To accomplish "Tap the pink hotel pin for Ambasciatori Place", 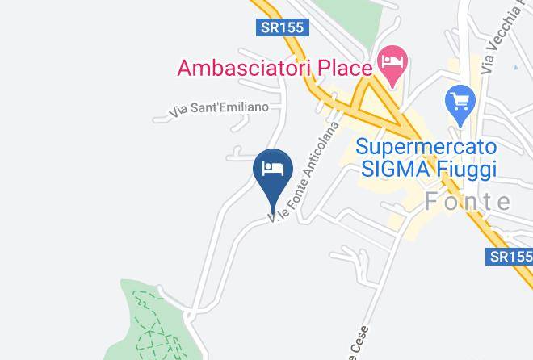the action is pyautogui.click(x=393, y=63).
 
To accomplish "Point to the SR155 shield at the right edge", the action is pyautogui.click(x=511, y=257).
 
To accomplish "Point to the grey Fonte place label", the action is pyautogui.click(x=468, y=203).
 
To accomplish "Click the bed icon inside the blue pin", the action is pyautogui.click(x=273, y=168).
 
